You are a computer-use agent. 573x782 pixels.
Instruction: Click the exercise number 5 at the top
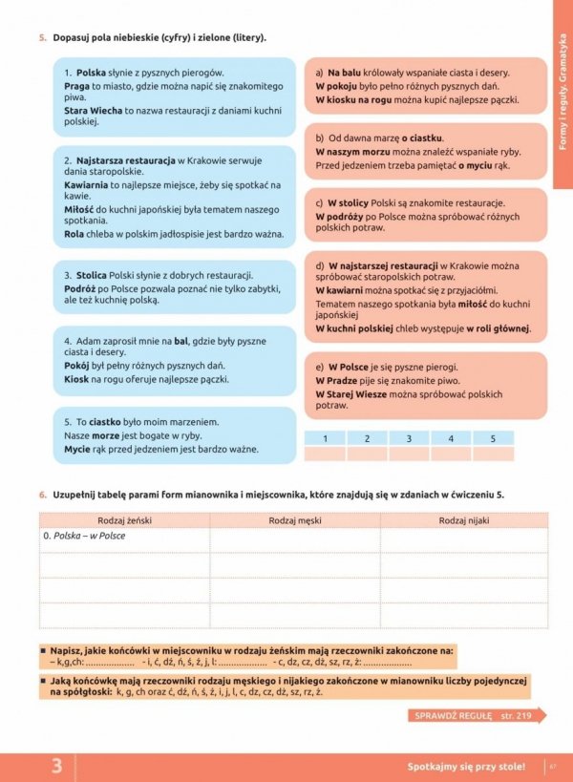click(x=43, y=37)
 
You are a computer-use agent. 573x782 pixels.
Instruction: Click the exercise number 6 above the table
click(x=43, y=495)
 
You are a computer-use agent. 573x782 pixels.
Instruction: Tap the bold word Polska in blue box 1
click(x=91, y=73)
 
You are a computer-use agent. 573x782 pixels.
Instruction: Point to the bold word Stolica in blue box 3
click(x=93, y=276)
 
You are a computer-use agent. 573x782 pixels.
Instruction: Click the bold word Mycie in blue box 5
click(x=78, y=448)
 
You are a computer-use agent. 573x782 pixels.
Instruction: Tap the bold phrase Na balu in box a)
click(x=343, y=73)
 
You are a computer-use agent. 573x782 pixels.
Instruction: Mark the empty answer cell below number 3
click(x=409, y=454)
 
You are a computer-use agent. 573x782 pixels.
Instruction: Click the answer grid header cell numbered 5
click(x=493, y=438)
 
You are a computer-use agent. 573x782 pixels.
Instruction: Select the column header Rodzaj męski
click(x=294, y=520)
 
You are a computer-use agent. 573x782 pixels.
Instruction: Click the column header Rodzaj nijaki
click(x=464, y=520)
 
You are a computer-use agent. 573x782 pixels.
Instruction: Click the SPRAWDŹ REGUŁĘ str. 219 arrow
click(x=477, y=715)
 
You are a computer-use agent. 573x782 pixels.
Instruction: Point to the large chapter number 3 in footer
click(x=57, y=766)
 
